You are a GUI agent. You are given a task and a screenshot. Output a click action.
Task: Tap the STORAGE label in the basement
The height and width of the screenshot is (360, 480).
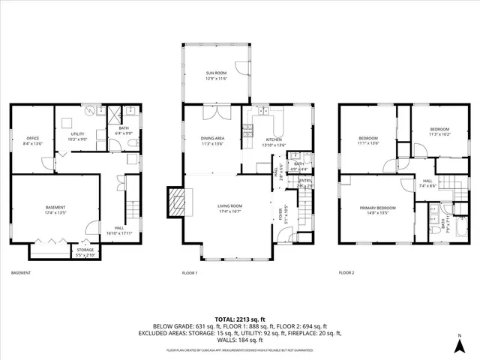point(85,252)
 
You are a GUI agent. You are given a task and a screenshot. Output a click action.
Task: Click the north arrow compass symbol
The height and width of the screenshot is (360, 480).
point(460,344)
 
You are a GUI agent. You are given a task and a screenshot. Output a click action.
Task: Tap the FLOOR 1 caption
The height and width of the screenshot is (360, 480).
point(190,273)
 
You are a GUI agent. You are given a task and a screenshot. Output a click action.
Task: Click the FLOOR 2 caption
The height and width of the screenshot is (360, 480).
point(346,273)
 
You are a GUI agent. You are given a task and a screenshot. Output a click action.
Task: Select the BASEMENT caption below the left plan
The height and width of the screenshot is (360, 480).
point(21,273)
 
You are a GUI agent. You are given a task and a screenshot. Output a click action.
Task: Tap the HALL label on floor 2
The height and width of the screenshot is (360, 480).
point(427,181)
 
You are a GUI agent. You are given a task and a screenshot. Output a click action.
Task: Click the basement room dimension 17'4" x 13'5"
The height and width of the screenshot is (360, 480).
point(55,213)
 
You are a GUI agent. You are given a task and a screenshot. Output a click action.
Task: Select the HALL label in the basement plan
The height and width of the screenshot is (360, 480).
point(119,229)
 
